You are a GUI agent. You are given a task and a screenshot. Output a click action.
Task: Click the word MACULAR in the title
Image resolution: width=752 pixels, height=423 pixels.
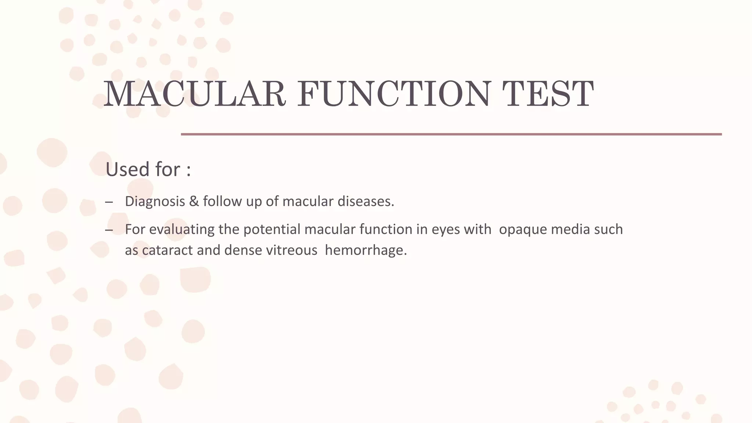[x=195, y=94]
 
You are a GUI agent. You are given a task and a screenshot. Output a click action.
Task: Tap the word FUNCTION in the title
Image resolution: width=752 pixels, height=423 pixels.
[x=393, y=94]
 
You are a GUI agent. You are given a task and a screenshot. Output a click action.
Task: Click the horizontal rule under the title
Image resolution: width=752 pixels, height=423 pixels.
[x=451, y=134]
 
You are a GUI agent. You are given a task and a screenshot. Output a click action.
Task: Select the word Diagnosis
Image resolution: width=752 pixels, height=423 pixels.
[x=155, y=202]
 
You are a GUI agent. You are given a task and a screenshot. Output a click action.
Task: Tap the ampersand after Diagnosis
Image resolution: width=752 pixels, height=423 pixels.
[x=194, y=202]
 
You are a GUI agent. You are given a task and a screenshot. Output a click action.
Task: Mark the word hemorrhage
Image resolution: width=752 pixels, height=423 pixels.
[x=366, y=250]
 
